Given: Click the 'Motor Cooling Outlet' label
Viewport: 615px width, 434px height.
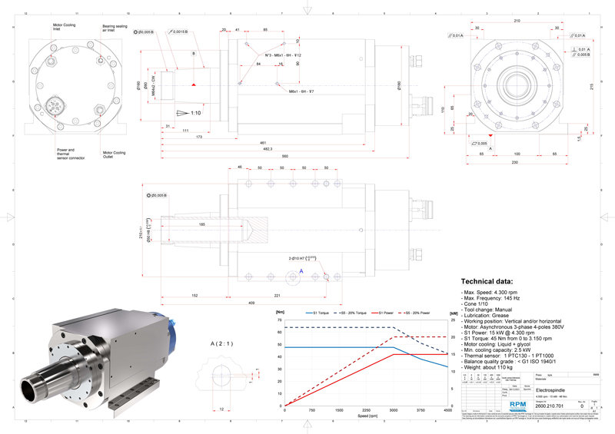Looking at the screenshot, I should tap(115, 154).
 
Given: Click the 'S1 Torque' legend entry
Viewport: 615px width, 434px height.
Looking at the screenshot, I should tap(321, 313).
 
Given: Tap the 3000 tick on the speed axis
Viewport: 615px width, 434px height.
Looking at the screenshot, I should tap(394, 410).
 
